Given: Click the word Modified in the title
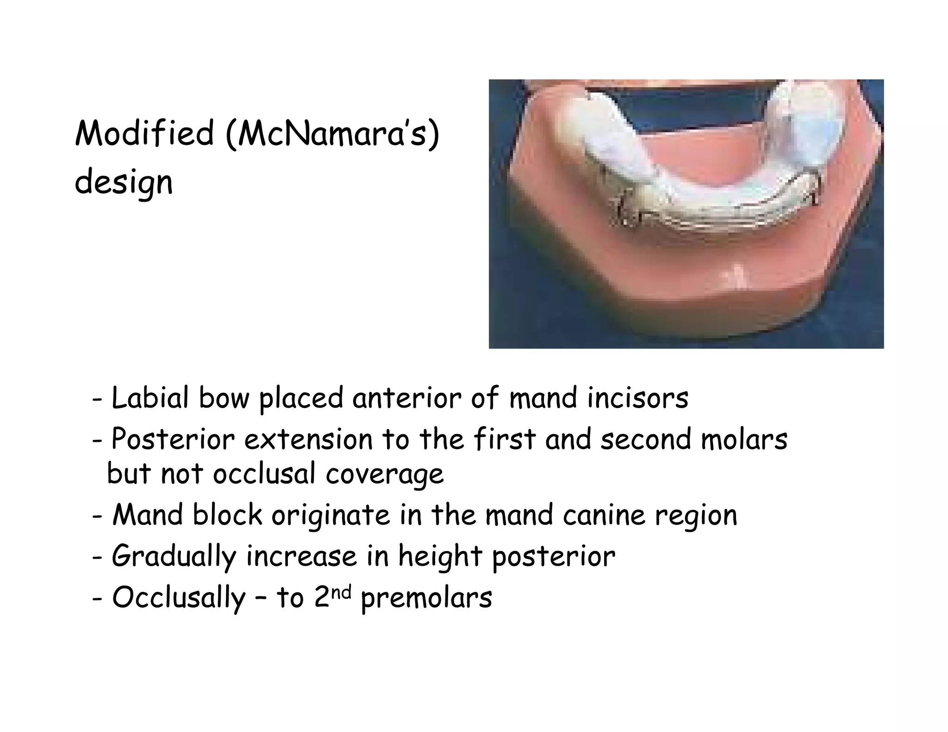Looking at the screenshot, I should tap(144, 133).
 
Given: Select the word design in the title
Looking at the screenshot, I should tap(124, 183).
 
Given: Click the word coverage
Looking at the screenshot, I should tap(385, 475).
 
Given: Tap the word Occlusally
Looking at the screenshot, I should tap(179, 598).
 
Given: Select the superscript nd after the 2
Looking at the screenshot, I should tap(343, 590).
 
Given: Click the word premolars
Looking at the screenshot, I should tap(426, 598).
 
